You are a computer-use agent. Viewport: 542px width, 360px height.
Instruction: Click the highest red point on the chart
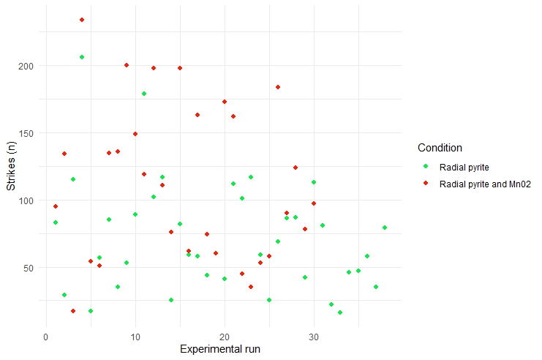coord(82,20)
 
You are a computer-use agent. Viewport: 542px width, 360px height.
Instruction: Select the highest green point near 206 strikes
coord(82,57)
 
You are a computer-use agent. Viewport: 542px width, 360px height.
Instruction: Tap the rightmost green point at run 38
coord(385,228)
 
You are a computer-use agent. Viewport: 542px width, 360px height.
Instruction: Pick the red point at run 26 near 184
coord(278,87)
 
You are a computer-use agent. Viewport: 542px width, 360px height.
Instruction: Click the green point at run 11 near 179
coord(144,94)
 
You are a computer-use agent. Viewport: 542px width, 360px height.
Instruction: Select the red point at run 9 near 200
coord(127,65)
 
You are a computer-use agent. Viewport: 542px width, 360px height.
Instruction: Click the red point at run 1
coord(56,206)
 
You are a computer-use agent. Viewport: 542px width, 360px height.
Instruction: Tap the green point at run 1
coord(56,222)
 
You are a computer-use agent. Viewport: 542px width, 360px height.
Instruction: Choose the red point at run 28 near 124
coord(296,168)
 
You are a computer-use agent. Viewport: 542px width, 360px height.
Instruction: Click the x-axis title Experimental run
coord(220,349)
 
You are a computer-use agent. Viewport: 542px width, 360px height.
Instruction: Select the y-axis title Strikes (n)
coord(12,166)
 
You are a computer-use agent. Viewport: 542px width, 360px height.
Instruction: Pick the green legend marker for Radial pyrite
coord(425,168)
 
